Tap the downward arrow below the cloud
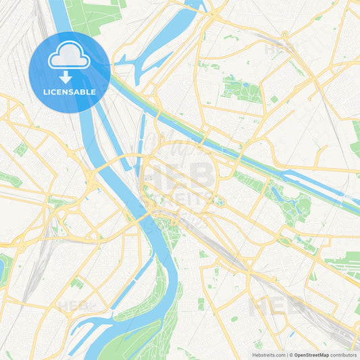(69, 77)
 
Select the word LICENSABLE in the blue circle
(69, 91)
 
